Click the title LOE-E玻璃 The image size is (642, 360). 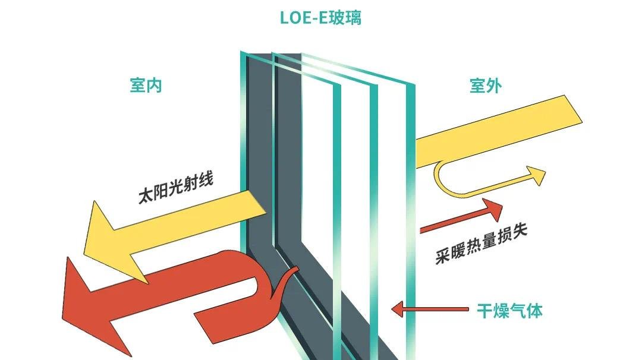[x=320, y=18]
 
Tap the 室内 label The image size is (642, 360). [x=146, y=86]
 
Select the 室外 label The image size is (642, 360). [x=486, y=86]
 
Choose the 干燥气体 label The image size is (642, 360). [x=510, y=311]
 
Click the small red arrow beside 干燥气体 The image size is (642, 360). [x=430, y=310]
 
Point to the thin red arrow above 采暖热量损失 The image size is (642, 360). [x=461, y=216]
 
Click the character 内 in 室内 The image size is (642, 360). [x=155, y=86]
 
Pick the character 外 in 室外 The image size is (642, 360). [x=494, y=86]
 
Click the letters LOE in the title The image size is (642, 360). [x=294, y=18]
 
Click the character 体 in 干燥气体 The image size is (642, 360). [x=535, y=311]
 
